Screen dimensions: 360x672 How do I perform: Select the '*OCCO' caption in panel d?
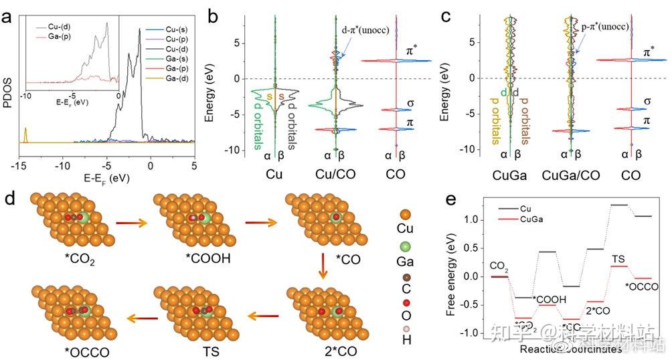(60, 350)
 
